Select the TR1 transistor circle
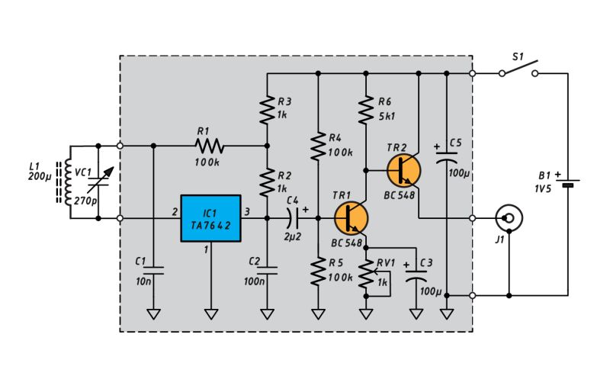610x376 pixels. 352,217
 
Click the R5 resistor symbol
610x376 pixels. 317,272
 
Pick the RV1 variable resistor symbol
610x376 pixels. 369,272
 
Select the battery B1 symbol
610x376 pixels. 568,183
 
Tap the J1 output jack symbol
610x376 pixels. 509,218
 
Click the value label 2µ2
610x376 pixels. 292,236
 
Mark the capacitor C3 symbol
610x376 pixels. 416,275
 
